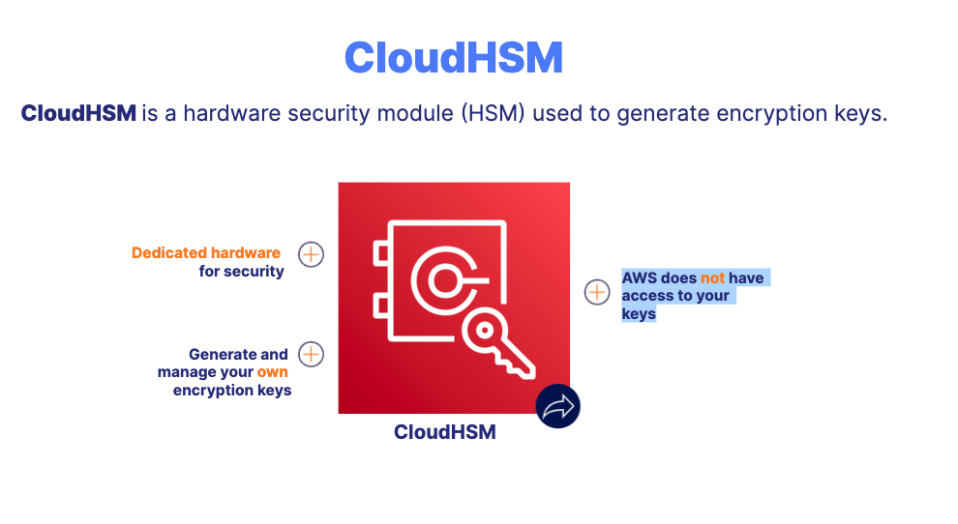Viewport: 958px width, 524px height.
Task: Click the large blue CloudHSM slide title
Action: coord(453,57)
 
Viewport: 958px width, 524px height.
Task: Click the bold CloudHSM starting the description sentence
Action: coord(78,113)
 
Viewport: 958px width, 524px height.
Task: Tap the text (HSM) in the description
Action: coord(492,113)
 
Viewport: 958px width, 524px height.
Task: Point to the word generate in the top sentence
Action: coord(658,113)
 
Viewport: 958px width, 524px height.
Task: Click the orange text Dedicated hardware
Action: coord(206,253)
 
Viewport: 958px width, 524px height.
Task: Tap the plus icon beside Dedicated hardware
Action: coord(311,255)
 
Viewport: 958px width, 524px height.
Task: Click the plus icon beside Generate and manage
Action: coord(311,354)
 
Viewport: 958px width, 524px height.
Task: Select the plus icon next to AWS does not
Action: coord(597,291)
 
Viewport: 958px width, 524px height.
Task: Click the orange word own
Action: coord(272,372)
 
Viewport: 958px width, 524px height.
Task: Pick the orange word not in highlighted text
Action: coord(713,277)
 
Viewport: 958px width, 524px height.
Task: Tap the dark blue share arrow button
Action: coord(558,406)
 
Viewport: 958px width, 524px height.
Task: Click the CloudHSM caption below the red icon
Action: coord(445,432)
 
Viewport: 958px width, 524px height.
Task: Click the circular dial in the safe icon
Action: coord(443,281)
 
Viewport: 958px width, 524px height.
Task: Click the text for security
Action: coord(242,272)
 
